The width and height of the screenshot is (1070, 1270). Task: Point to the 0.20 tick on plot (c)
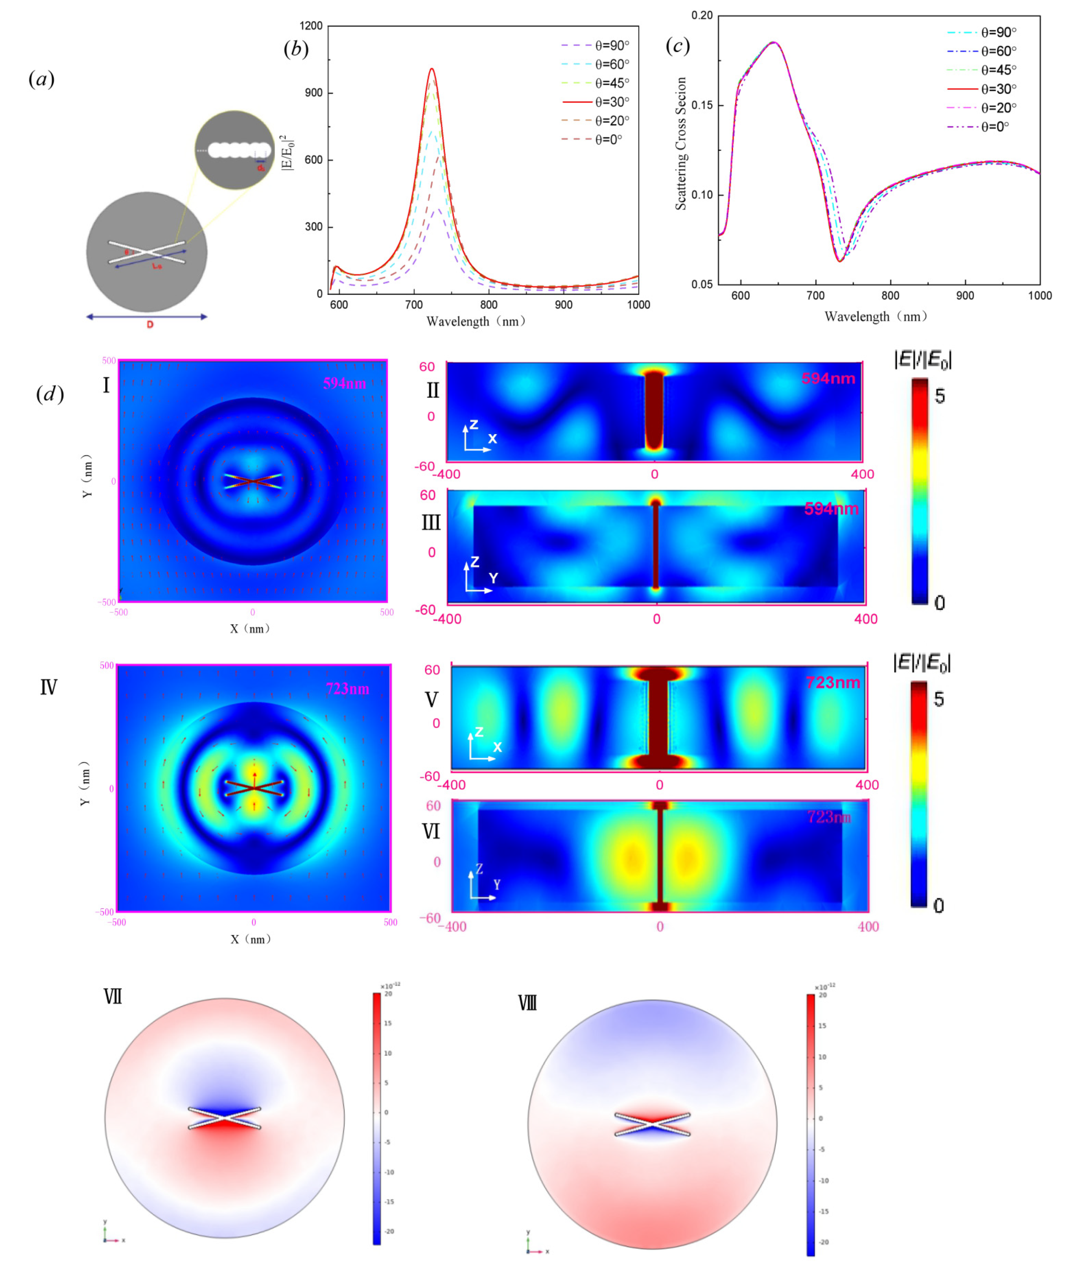pos(702,15)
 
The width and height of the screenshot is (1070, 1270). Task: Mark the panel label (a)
pos(41,79)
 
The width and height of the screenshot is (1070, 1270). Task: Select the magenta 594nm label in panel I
pos(344,383)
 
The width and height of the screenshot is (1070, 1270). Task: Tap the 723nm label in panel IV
pos(347,689)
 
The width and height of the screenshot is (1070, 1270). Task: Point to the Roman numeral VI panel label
pos(431,831)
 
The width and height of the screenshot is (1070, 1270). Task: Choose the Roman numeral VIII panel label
pos(527,1003)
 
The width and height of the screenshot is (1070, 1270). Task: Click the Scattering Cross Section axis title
pos(681,144)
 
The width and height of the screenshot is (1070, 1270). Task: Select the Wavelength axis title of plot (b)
pos(476,321)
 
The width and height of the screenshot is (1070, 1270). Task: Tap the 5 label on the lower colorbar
pos(938,699)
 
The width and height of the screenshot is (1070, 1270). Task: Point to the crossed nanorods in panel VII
pos(224,1118)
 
